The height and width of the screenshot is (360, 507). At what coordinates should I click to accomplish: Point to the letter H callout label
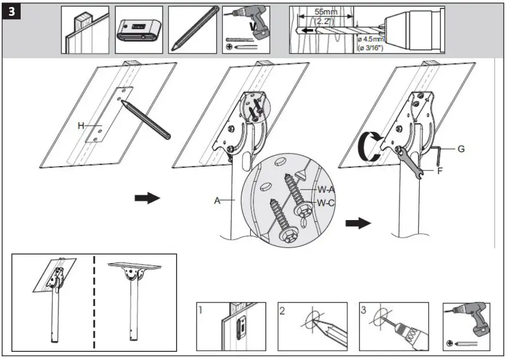[x=81, y=126]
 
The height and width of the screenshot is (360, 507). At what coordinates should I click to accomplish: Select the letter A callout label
[x=217, y=200]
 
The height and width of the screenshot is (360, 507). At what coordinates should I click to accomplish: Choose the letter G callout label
[x=461, y=148]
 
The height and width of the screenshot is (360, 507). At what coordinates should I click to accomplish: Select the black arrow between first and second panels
[x=147, y=198]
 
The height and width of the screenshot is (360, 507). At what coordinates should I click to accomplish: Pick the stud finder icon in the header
[x=138, y=29]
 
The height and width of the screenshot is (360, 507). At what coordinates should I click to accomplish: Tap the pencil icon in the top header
[x=194, y=29]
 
